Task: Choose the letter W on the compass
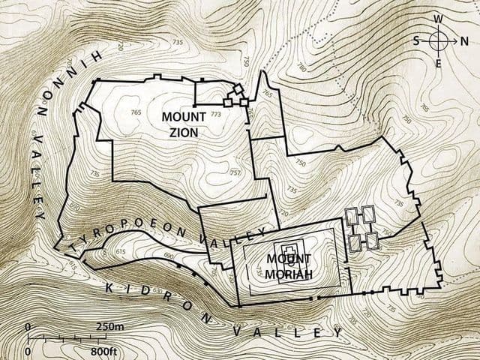[439, 19]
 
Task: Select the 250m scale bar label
[109, 328]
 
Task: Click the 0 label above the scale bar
[28, 328]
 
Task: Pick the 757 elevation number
[235, 172]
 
